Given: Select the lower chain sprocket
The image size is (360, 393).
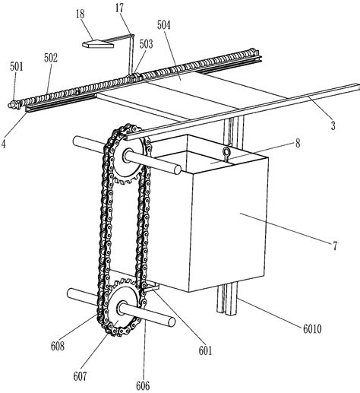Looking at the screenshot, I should click(x=123, y=309).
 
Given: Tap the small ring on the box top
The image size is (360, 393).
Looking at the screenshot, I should click(x=226, y=154).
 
